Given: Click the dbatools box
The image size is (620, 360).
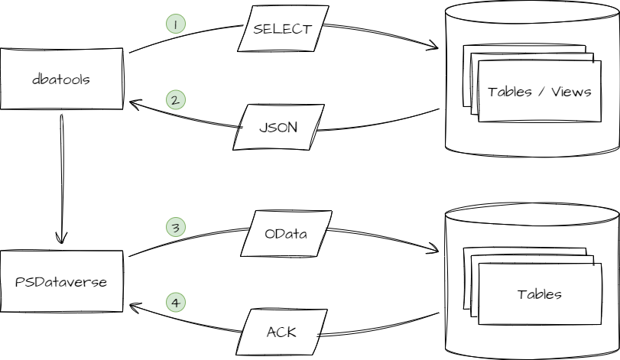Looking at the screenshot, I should [x=61, y=79].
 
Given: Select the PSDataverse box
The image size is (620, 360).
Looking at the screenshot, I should [x=61, y=281].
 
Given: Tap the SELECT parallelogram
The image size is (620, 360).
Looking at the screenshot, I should [x=282, y=30].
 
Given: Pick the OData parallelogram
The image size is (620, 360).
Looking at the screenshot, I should [x=285, y=234].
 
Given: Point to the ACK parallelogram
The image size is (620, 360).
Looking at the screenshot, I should [x=281, y=332].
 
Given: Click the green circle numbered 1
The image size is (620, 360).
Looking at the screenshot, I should [x=175, y=24].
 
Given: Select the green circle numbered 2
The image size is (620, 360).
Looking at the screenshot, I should [x=175, y=100].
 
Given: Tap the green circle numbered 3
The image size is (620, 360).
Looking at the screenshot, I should [x=175, y=227].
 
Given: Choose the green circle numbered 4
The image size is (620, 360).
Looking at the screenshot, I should [x=175, y=303].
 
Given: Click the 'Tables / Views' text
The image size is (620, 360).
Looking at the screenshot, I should [x=539, y=92].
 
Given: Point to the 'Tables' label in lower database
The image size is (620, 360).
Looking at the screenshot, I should [x=539, y=294].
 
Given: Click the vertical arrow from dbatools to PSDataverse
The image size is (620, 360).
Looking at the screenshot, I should [x=61, y=176].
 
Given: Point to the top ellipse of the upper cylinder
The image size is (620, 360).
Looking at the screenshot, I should [x=531, y=14].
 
